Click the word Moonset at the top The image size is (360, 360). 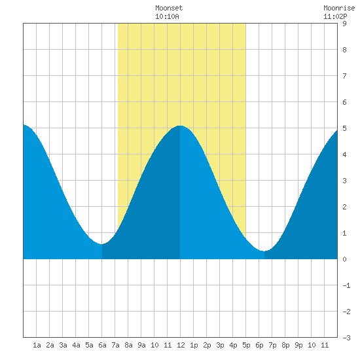tap(169, 8)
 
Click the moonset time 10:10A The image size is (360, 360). tap(167, 16)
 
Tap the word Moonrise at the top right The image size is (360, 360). tap(339, 8)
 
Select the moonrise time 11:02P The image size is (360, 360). tap(335, 16)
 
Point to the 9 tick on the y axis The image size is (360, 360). tap(344, 24)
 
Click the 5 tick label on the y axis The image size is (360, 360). tap(344, 128)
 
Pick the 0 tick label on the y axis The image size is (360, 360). tap(344, 259)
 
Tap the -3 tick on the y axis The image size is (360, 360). tap(346, 338)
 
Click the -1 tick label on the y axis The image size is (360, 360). tap(346, 285)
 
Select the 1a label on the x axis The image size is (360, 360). tap(37, 345)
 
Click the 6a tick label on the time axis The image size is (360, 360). tap(102, 345)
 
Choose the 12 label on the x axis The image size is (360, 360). tap(181, 345)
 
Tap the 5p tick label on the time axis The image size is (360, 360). tap(246, 345)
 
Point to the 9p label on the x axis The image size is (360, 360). tap(298, 345)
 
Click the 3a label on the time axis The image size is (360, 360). tap(63, 345)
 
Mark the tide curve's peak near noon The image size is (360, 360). tap(180, 126)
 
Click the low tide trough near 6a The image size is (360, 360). tap(101, 244)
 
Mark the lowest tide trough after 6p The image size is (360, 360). tap(264, 251)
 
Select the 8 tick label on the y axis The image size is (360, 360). tap(344, 50)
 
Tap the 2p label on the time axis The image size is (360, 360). tap(207, 345)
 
